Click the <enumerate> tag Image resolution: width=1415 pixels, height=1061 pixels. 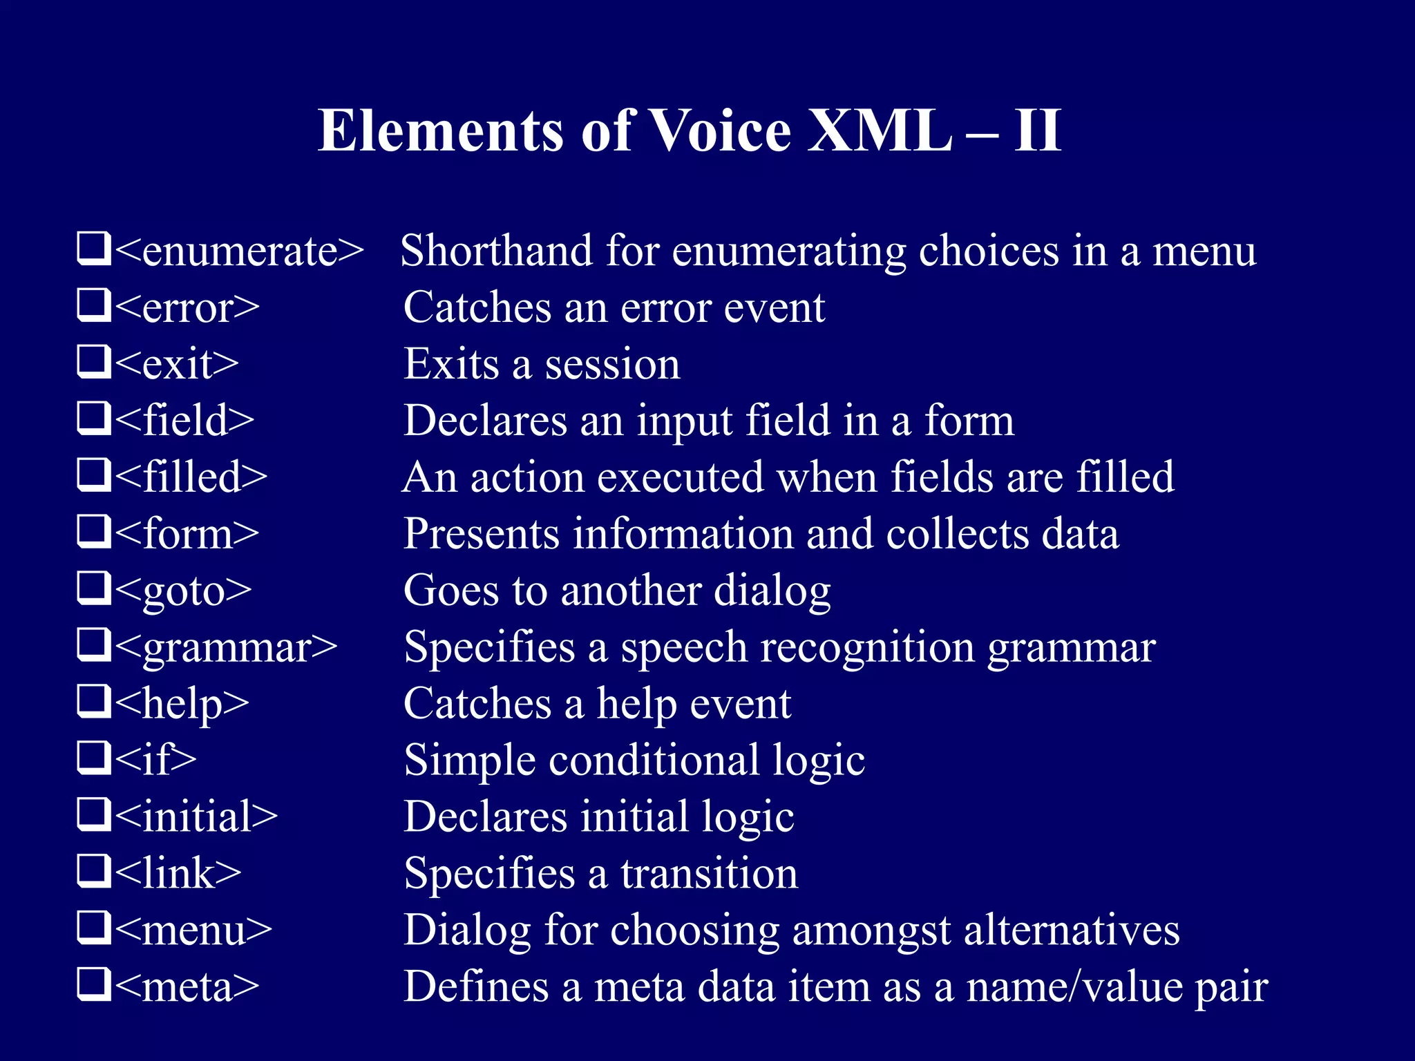coord(239,251)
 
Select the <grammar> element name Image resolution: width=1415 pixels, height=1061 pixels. coord(226,648)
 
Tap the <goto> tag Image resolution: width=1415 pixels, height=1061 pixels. coord(183,591)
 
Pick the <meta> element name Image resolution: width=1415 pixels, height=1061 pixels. coord(187,987)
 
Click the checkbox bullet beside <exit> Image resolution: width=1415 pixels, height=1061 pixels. coord(93,362)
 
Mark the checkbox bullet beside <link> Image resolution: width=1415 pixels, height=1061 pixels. coord(93,872)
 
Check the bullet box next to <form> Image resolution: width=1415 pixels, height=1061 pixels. coord(93,532)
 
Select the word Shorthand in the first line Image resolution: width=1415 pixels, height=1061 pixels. coord(496,251)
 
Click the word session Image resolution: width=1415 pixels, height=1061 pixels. coord(612,364)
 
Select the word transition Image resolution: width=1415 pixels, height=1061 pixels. coord(709,874)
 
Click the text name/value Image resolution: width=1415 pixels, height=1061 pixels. coord(1074,987)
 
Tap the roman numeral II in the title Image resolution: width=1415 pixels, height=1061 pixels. coord(1037,131)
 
